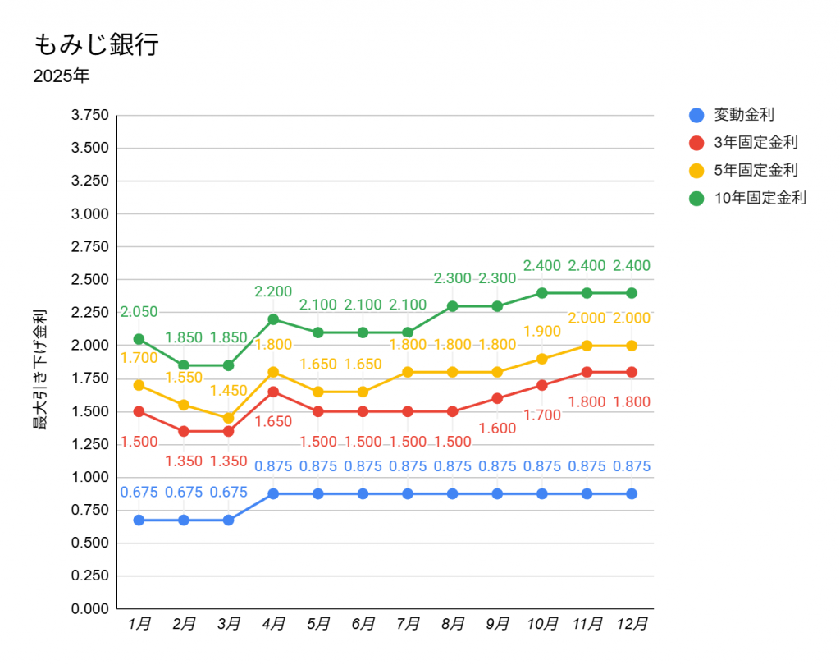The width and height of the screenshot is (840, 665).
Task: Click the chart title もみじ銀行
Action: (x=96, y=44)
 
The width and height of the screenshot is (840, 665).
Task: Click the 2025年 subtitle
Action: (x=62, y=77)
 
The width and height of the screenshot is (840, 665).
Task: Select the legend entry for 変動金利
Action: (x=744, y=115)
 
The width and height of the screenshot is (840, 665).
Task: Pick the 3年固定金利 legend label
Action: (x=756, y=143)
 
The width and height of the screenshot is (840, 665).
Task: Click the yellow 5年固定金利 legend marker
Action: (x=696, y=171)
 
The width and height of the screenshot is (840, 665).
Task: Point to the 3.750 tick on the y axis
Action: (x=89, y=115)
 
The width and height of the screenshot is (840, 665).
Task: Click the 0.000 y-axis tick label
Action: (x=89, y=609)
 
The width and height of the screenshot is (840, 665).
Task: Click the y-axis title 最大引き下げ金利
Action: (x=39, y=369)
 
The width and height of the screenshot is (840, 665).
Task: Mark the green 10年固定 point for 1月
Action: (x=139, y=339)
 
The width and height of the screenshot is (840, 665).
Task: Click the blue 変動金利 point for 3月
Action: (x=228, y=521)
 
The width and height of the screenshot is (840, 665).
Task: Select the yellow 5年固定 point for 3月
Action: (x=228, y=418)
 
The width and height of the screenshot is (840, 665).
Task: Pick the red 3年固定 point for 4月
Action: (x=273, y=392)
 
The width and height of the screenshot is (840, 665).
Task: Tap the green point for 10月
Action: (x=542, y=293)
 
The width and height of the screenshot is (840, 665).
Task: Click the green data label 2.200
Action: (x=273, y=291)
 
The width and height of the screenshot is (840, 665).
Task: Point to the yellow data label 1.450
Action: (x=228, y=391)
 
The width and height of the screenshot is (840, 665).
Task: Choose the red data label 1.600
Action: (x=498, y=429)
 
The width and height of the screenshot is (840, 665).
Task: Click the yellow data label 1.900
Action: (x=542, y=332)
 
